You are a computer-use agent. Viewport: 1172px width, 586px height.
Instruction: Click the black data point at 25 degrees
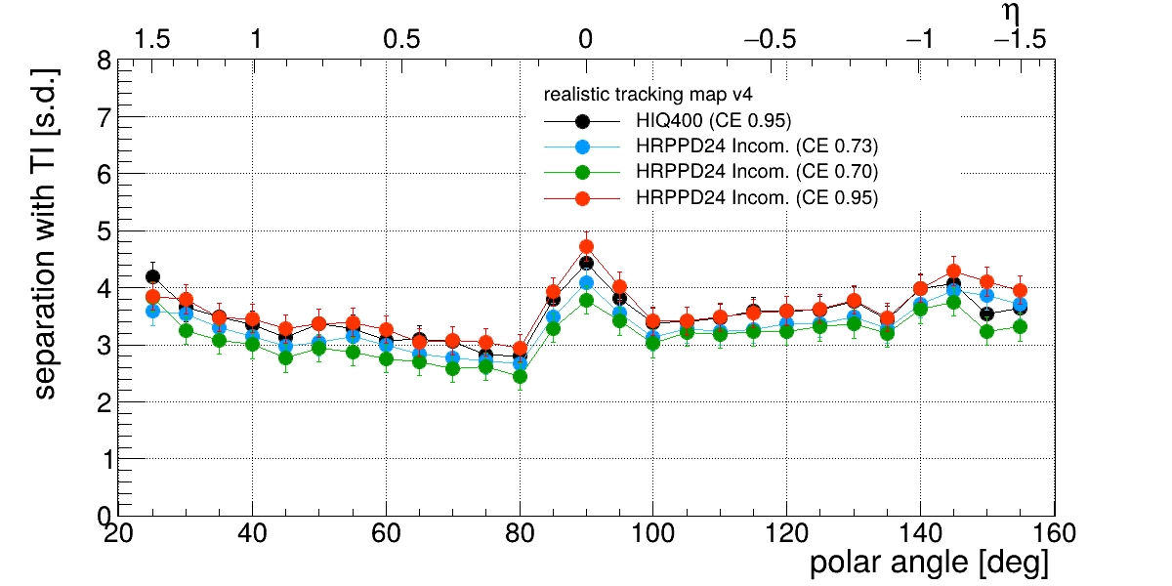pos(152,276)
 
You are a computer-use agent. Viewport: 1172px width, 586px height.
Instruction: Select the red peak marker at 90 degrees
pos(587,246)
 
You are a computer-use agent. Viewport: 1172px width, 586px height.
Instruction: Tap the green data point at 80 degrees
pos(520,376)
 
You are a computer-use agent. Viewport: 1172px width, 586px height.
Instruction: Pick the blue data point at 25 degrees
pos(152,312)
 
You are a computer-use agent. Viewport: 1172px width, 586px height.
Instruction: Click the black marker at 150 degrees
pos(986,314)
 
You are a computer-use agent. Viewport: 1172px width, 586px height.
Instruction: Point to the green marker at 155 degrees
pos(1020,326)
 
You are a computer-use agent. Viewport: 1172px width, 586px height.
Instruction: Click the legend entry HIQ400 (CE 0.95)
pos(714,121)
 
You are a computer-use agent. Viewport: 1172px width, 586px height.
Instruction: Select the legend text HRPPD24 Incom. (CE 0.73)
pos(757,146)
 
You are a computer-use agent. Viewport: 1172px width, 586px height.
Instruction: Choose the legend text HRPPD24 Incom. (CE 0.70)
pos(757,172)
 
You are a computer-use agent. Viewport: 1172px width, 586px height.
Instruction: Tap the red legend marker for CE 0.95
pos(582,199)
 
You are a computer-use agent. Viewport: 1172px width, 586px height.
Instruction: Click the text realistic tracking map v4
pos(648,95)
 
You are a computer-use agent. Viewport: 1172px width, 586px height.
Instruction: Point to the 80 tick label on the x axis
pos(520,534)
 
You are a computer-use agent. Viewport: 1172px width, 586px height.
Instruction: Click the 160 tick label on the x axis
pos(1054,534)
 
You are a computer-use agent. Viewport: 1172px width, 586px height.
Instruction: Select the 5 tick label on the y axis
pos(105,231)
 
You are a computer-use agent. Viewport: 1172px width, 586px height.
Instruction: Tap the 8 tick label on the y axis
pos(105,62)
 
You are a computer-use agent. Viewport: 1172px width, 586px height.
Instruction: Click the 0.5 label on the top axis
pos(401,39)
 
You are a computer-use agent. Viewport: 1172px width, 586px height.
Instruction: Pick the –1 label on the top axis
pos(920,39)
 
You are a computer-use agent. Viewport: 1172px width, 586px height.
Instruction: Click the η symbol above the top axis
pos(1011,13)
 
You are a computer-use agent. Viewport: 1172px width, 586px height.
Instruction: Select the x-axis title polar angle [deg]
pos(929,563)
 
